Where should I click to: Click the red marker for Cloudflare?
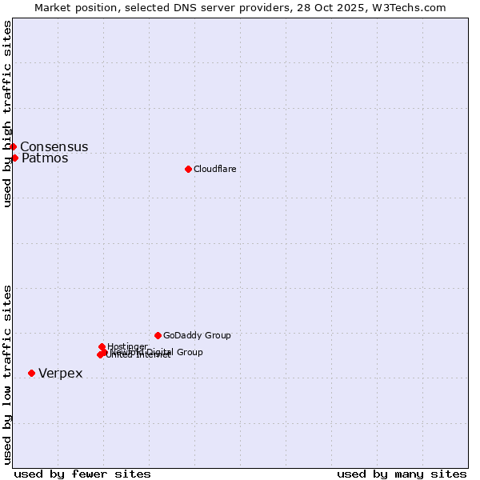point(188,169)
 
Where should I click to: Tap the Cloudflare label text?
point(214,169)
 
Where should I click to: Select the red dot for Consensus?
point(13,146)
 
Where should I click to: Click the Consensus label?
point(54,146)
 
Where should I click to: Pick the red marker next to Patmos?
point(14,158)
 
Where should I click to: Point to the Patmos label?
point(45,158)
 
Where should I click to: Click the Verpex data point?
point(31,373)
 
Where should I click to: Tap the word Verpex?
point(60,374)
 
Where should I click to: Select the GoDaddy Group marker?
point(158,335)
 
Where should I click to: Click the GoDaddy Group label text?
point(197,335)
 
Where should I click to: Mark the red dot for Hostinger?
point(102,346)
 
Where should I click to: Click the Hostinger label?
point(127,346)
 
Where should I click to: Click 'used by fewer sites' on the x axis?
point(82,474)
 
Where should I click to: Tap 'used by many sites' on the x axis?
point(402,474)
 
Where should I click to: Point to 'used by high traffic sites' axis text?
point(8,114)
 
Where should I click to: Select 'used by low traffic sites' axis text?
point(8,374)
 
